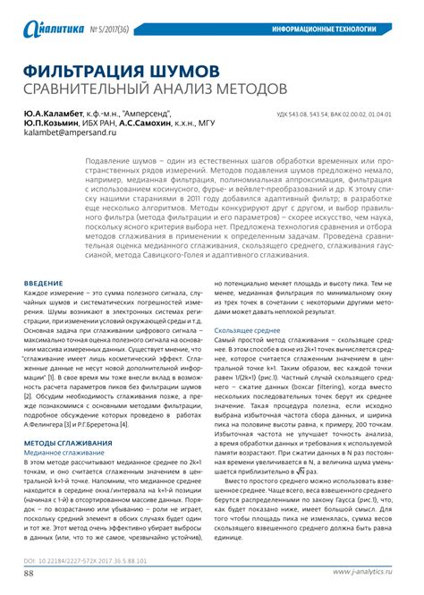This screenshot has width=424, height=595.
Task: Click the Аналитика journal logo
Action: [x=55, y=30]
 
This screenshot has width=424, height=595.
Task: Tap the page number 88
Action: [x=30, y=573]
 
